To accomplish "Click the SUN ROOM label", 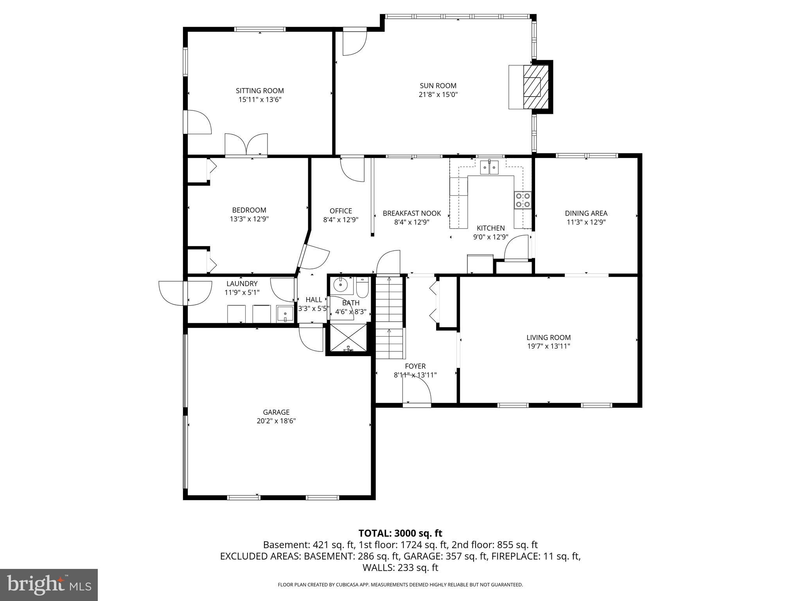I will click(438, 86).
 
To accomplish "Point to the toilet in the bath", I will click(362, 288).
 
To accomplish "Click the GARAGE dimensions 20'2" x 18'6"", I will click(276, 421).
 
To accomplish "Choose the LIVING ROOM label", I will click(548, 337).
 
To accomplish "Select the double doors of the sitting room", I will click(246, 146).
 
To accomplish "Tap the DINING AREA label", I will click(586, 213).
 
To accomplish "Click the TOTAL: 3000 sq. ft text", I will click(400, 533).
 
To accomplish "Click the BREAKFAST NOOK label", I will click(411, 213).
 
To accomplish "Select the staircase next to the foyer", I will click(390, 318).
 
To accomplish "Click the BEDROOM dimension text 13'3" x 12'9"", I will click(249, 219).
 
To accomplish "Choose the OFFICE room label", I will click(340, 211).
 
